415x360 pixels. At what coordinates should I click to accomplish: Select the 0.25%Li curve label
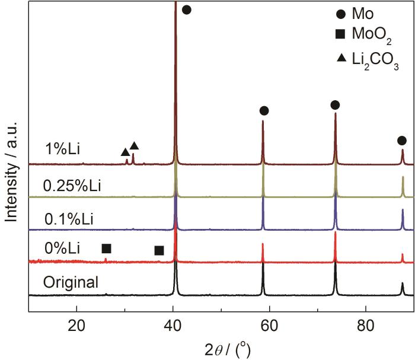(72, 186)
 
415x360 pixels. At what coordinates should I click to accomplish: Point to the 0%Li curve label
(62, 247)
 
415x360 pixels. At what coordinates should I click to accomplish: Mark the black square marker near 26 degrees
(106, 249)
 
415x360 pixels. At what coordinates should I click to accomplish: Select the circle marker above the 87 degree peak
(402, 141)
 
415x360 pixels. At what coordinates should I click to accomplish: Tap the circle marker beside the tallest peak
(186, 9)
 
